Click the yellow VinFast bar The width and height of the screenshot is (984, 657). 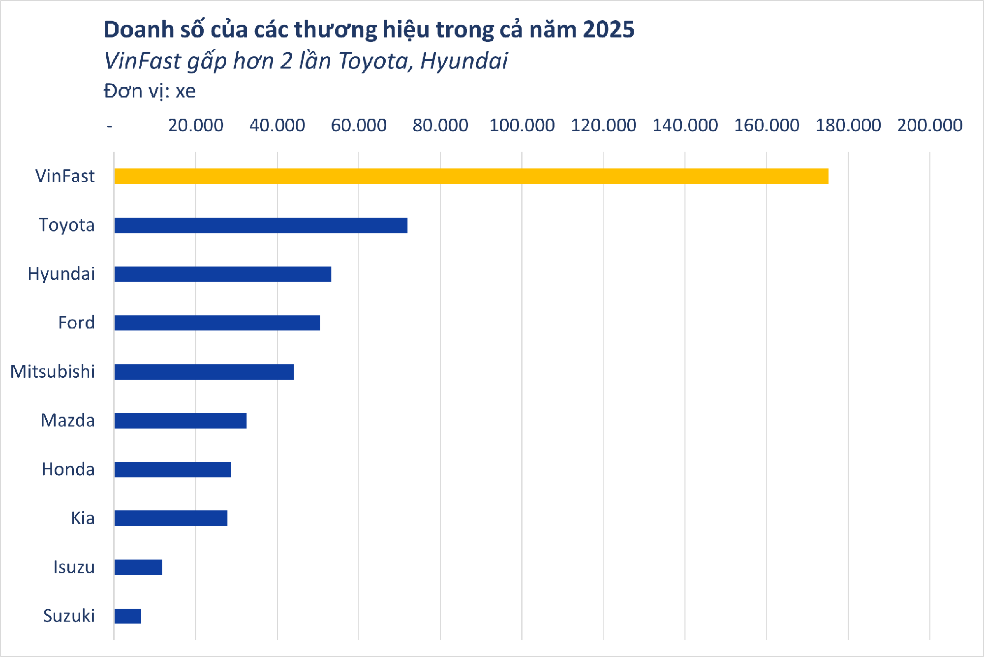[x=471, y=176]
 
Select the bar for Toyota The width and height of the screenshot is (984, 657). [x=261, y=225]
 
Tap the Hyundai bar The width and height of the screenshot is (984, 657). [x=222, y=274]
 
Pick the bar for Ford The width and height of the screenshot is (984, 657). [x=217, y=323]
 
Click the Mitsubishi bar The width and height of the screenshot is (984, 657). [x=204, y=372]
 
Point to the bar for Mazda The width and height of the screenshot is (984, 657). [x=180, y=421]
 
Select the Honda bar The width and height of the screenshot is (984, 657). [x=173, y=469]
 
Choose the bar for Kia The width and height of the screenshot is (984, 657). [x=171, y=518]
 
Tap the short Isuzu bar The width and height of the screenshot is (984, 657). [x=138, y=567]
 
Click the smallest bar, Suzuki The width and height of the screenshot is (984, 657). [x=127, y=616]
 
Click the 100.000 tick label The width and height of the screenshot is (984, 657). [x=522, y=126]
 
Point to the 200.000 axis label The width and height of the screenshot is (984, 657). [x=929, y=126]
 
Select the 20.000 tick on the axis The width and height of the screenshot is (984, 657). [x=195, y=126]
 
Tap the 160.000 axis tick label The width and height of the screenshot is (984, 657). [x=766, y=126]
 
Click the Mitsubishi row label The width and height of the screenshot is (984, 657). [x=53, y=372]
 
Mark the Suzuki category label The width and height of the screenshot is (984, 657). [x=69, y=616]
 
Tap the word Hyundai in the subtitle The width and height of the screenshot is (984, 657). [x=463, y=62]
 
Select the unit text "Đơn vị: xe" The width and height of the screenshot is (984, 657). [x=150, y=92]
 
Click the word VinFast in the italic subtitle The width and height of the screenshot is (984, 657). [x=143, y=62]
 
